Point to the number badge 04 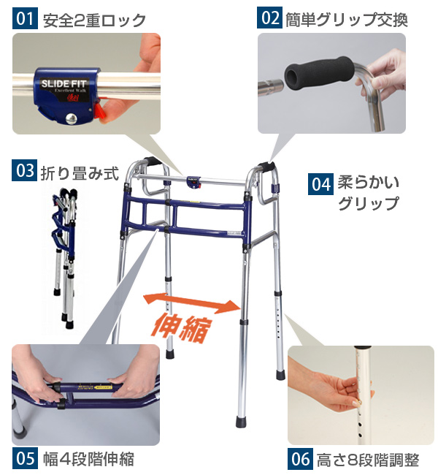(321, 183)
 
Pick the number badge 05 (24, 459)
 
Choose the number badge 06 (301, 460)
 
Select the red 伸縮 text (182, 327)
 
